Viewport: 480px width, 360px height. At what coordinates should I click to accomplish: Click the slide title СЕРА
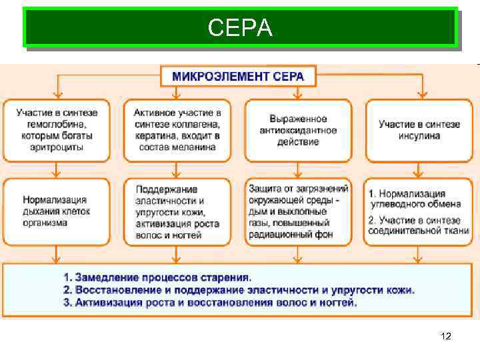(x=240, y=27)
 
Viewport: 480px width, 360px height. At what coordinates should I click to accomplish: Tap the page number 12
(x=446, y=337)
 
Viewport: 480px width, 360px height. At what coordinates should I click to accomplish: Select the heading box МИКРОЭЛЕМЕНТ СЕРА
(x=238, y=76)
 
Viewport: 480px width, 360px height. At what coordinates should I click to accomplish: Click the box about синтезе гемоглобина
(x=57, y=129)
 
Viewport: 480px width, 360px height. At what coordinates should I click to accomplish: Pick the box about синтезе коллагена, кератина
(x=177, y=129)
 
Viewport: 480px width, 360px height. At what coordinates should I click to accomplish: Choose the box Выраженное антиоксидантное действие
(x=298, y=129)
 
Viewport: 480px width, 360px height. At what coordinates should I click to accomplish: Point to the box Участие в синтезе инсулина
(x=419, y=129)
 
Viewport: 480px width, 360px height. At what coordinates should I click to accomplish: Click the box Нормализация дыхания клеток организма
(x=57, y=211)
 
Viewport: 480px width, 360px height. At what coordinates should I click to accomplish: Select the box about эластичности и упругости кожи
(x=177, y=211)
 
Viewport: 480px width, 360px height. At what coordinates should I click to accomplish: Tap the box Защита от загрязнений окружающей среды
(x=298, y=211)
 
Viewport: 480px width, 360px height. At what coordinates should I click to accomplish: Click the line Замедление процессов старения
(x=157, y=277)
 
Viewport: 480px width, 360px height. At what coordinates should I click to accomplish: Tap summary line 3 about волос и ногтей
(x=210, y=303)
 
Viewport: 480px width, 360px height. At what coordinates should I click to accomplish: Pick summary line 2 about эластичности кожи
(x=239, y=290)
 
